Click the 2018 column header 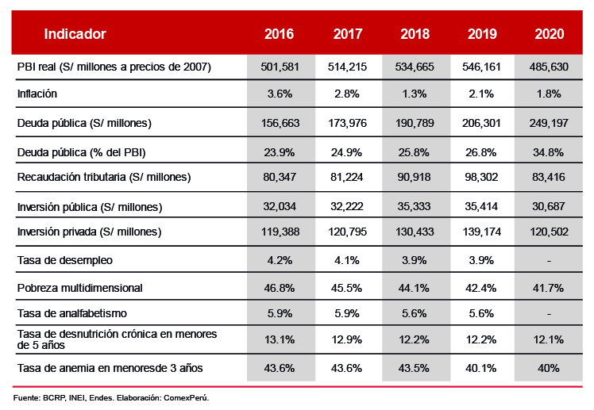(415, 34)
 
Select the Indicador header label (75, 34)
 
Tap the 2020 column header (550, 34)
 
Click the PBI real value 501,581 (280, 67)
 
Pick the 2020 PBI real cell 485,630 (549, 67)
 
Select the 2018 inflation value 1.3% (415, 94)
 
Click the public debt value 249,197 (549, 123)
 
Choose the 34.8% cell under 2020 (549, 151)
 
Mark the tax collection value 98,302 (482, 177)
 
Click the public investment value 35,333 (415, 207)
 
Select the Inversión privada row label (89, 232)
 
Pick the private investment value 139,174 (482, 232)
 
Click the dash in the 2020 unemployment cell (549, 260)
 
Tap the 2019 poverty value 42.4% (482, 287)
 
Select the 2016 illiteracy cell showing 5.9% (280, 313)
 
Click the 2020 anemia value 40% (549, 368)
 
